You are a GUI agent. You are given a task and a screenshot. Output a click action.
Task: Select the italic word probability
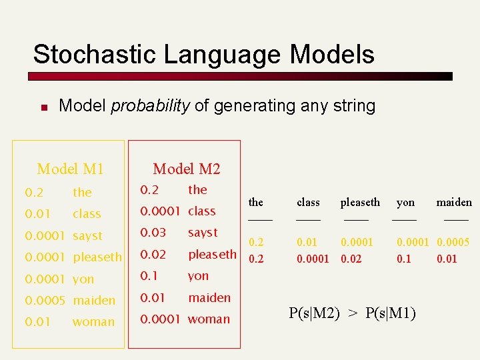[x=150, y=105]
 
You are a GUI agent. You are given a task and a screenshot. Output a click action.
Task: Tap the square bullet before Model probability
[x=42, y=107]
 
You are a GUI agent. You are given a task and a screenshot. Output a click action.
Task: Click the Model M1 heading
[x=70, y=169]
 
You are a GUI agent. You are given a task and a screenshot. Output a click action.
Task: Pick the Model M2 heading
[x=186, y=169]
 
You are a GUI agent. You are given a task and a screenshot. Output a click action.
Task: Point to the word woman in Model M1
[x=93, y=322]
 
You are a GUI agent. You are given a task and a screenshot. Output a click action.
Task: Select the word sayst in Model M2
[x=203, y=233]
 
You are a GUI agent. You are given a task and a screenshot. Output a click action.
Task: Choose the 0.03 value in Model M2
[x=153, y=233]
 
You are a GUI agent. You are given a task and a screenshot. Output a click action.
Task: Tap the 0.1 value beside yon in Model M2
[x=149, y=276]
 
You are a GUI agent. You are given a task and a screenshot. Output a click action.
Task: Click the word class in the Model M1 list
[x=87, y=214]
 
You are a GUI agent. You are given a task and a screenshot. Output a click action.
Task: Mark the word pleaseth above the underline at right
[x=360, y=202]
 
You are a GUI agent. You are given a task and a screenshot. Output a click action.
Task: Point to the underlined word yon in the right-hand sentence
[x=405, y=202]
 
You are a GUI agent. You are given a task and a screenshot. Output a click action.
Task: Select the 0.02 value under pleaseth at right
[x=351, y=259]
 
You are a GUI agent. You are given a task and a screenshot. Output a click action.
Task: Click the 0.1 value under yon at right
[x=404, y=259]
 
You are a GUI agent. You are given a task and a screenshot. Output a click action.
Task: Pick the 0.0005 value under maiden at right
[x=453, y=243]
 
